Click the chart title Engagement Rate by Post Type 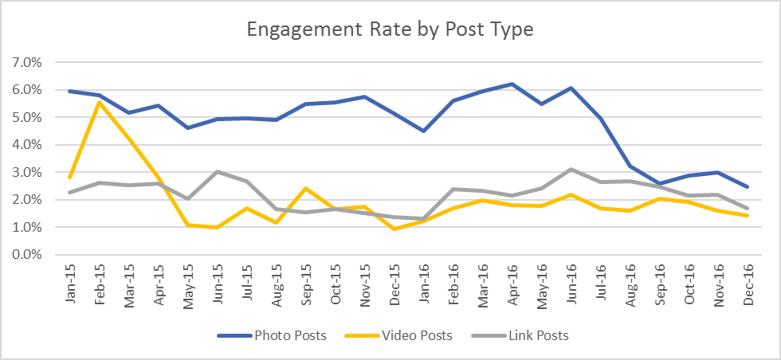point(390,30)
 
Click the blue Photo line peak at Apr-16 point(512,84)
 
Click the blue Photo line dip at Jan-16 point(422,131)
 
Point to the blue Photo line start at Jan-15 point(70,91)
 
